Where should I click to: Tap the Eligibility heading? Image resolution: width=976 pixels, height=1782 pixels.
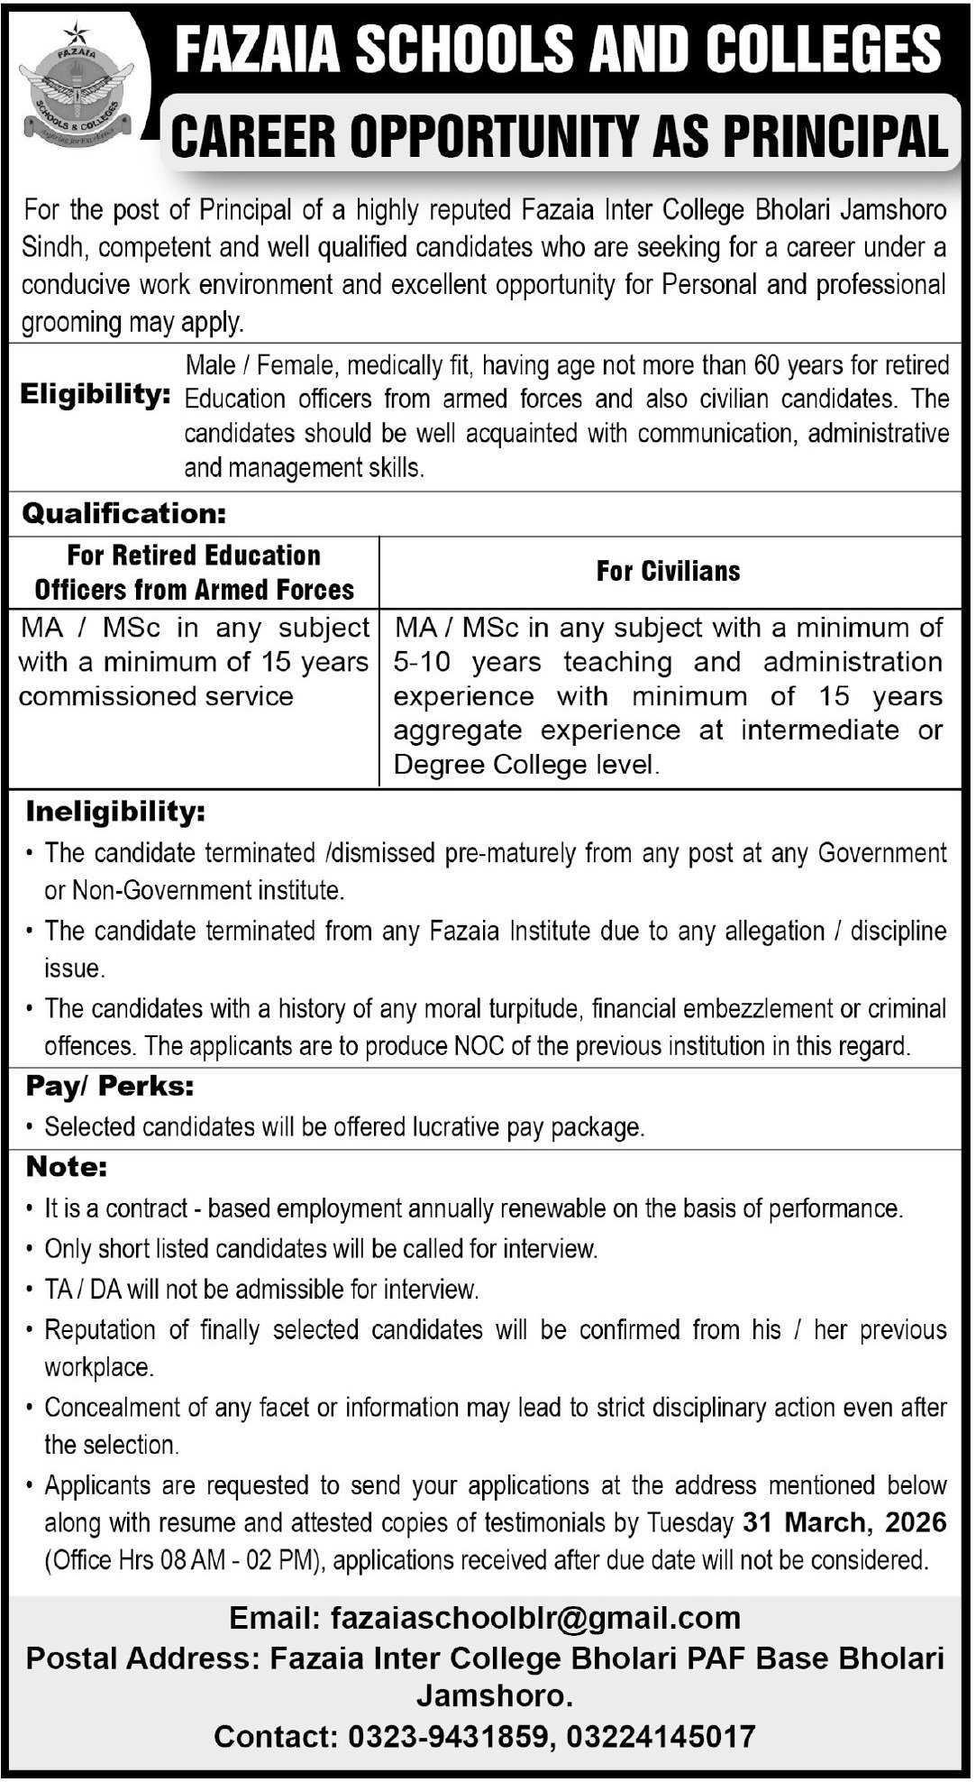(x=96, y=394)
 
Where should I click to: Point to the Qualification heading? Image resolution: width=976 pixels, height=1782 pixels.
(x=123, y=514)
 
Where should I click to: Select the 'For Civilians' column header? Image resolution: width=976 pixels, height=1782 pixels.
(x=668, y=571)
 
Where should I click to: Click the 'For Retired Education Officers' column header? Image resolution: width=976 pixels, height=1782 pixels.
(x=194, y=572)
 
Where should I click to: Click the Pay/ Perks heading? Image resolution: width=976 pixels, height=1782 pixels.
(x=110, y=1087)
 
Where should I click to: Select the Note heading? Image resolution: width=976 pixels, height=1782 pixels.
(x=67, y=1168)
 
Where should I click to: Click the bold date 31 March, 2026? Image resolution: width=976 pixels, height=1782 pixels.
(x=844, y=1523)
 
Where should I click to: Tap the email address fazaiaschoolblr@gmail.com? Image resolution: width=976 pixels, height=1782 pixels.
(x=535, y=1619)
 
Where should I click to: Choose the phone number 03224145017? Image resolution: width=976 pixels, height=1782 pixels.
(x=662, y=1736)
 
